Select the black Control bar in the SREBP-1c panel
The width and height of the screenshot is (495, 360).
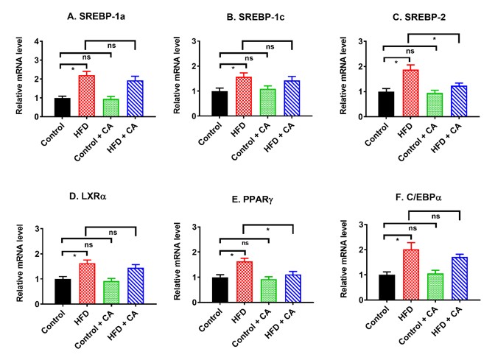click(x=220, y=104)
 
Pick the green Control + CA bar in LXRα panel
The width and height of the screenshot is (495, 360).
click(x=111, y=290)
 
